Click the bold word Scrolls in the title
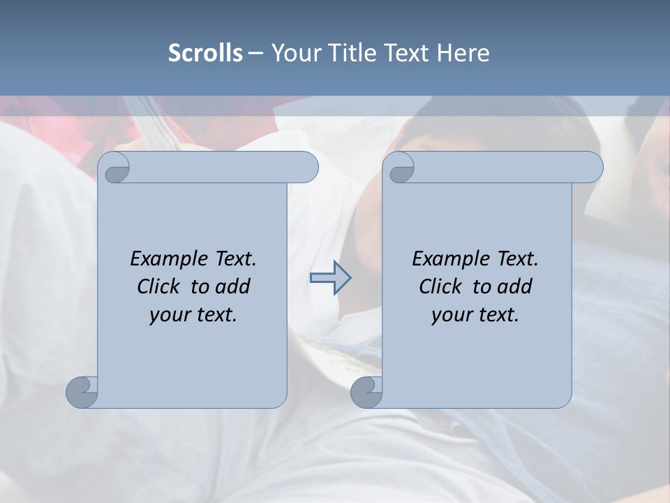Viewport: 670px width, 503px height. pyautogui.click(x=205, y=53)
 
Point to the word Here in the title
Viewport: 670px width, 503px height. pyautogui.click(x=463, y=53)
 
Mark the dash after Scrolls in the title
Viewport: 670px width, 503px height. pyautogui.click(x=255, y=54)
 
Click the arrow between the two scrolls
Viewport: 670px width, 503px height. pyautogui.click(x=330, y=278)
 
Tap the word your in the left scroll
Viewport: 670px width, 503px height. pyautogui.click(x=170, y=315)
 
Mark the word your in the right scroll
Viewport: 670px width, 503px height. pyautogui.click(x=452, y=315)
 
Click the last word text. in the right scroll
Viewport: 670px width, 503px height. pyautogui.click(x=498, y=315)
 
